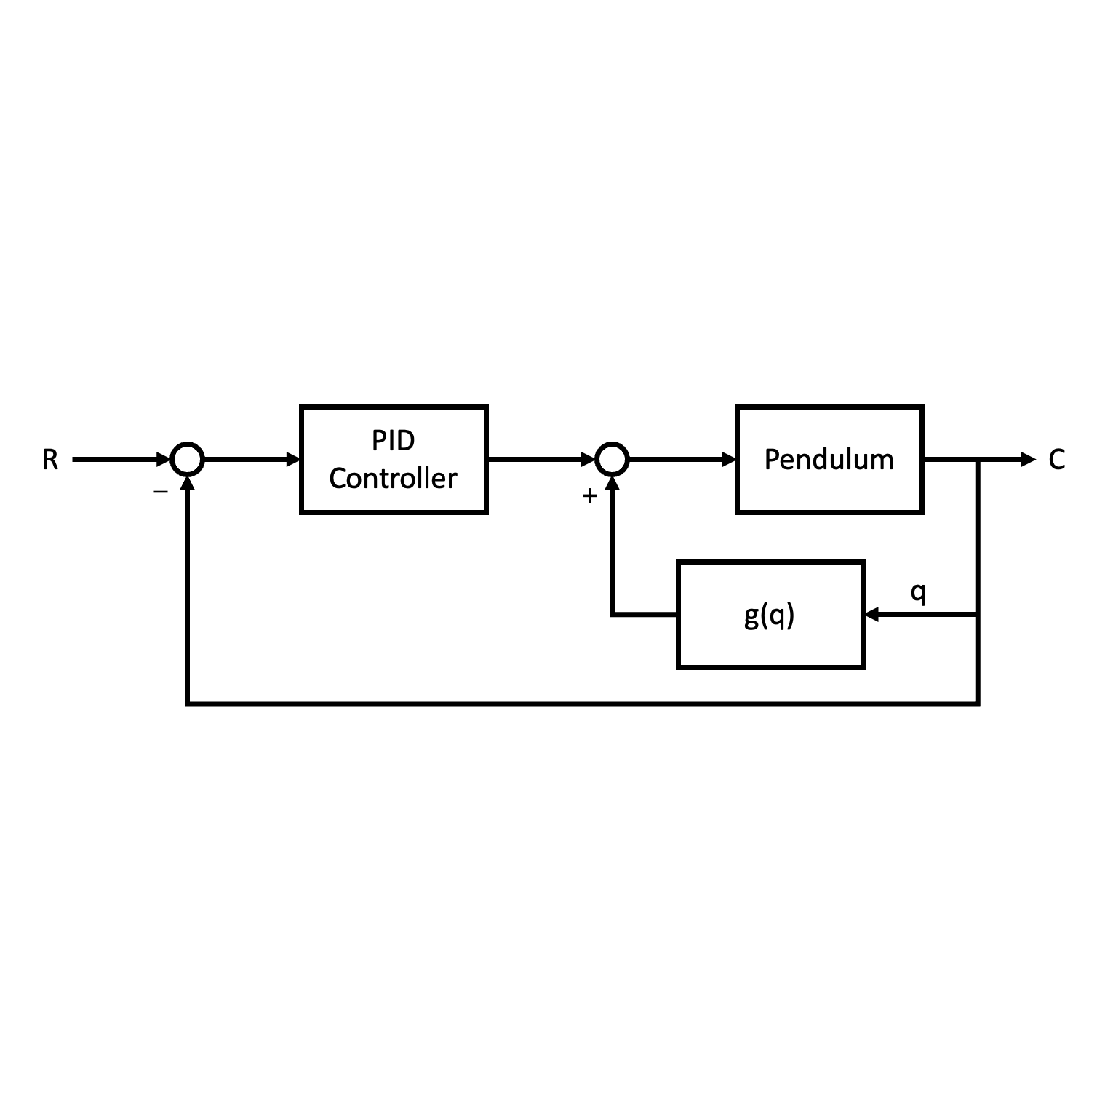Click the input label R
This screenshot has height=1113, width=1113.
[x=49, y=460]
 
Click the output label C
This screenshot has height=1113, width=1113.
[x=1056, y=460]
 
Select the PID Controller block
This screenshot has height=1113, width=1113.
[x=394, y=460]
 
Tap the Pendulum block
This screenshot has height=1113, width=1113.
[x=829, y=460]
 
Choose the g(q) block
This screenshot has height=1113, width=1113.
[x=770, y=615]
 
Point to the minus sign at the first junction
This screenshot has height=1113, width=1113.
[x=161, y=492]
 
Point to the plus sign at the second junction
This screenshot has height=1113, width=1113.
[x=590, y=496]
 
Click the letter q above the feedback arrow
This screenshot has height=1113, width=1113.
[x=918, y=592]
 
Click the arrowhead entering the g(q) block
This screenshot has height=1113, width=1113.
[x=871, y=615]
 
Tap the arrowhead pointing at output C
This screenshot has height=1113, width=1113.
[x=1028, y=460]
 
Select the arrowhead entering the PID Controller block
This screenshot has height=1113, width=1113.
[x=293, y=460]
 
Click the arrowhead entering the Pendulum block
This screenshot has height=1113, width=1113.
[x=729, y=460]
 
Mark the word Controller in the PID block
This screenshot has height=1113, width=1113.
[x=394, y=479]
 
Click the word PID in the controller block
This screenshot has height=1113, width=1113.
[x=394, y=441]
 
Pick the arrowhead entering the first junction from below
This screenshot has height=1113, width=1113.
[x=187, y=484]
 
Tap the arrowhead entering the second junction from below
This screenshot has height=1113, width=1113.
[x=612, y=484]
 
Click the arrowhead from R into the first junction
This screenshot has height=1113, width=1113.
[x=164, y=460]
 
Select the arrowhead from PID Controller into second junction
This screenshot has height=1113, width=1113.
[x=588, y=460]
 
